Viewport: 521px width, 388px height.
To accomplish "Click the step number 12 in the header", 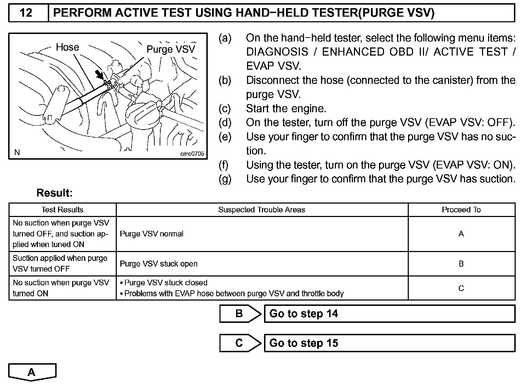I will [x=26, y=13].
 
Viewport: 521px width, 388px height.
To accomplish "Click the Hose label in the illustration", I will [x=67, y=47].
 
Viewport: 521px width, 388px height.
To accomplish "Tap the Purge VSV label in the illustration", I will [x=171, y=49].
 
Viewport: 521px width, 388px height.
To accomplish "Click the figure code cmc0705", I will [x=192, y=154].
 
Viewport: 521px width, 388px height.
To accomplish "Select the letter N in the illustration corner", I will [x=17, y=153].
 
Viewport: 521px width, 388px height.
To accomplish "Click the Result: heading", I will [x=55, y=193].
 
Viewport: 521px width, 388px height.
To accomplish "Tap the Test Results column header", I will [x=62, y=210].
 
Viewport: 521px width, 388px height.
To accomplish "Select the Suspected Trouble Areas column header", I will [x=262, y=210].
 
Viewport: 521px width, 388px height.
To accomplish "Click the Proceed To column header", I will [x=461, y=210].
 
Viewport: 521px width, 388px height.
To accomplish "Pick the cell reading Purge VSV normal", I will [x=151, y=234].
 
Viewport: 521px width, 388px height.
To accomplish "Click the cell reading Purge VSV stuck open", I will [x=159, y=264].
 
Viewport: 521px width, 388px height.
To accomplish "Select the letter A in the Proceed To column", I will [x=461, y=234].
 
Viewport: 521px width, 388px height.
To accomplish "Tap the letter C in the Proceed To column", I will [x=461, y=288].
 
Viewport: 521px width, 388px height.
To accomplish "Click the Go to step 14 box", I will [x=389, y=314].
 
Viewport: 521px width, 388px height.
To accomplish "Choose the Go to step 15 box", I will [x=389, y=343].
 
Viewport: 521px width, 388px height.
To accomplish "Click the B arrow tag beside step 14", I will [x=240, y=314].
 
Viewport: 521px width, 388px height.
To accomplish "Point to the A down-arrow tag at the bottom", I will [x=32, y=372].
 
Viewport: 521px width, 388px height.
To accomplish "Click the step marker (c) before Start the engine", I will [x=224, y=108].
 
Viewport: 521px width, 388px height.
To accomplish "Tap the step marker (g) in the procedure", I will [x=225, y=179].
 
